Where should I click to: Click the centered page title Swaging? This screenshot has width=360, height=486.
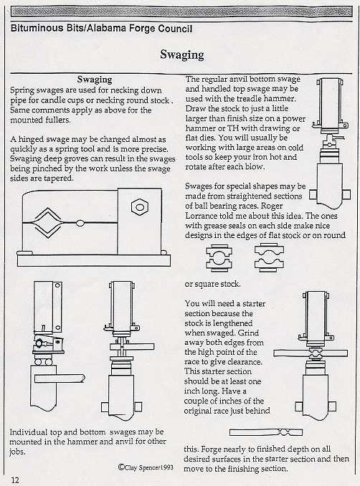coord(181,54)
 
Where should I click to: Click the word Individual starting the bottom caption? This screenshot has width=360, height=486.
coord(32,433)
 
